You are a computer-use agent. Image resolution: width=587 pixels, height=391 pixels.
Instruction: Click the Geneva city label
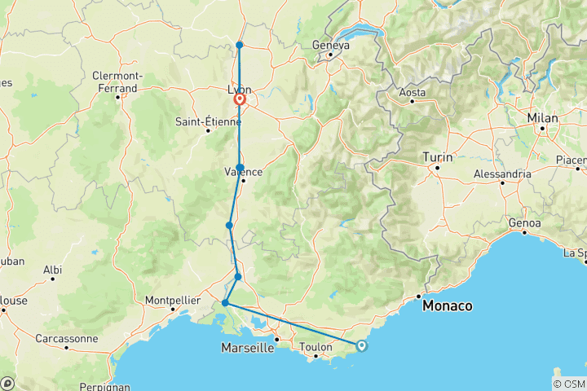pyautogui.click(x=331, y=46)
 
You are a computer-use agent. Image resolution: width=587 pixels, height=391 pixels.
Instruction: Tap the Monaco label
pyautogui.click(x=448, y=306)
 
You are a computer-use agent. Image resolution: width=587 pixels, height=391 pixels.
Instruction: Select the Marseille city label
pyautogui.click(x=248, y=348)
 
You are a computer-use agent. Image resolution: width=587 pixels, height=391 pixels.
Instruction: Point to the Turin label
pyautogui.click(x=438, y=156)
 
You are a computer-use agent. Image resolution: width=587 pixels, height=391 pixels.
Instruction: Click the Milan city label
pyautogui.click(x=542, y=118)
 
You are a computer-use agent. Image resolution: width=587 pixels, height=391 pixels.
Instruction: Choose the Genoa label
pyautogui.click(x=523, y=222)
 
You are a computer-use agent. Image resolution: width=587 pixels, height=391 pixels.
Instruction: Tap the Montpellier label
pyautogui.click(x=172, y=300)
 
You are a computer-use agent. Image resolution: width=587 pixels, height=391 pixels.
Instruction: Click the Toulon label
pyautogui.click(x=316, y=347)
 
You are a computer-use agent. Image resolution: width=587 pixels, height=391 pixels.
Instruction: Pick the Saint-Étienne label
pyautogui.click(x=207, y=122)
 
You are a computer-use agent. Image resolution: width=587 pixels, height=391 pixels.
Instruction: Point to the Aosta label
pyautogui.click(x=412, y=93)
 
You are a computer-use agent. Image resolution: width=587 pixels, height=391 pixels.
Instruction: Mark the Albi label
pyautogui.click(x=52, y=269)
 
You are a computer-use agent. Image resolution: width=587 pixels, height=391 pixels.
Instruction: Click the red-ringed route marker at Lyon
pyautogui.click(x=241, y=100)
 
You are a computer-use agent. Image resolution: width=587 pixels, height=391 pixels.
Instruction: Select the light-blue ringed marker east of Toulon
pyautogui.click(x=361, y=346)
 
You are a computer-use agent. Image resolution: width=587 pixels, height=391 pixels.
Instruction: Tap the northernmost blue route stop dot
pyautogui.click(x=239, y=45)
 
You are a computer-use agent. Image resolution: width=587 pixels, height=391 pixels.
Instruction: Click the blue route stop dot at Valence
pyautogui.click(x=240, y=168)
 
